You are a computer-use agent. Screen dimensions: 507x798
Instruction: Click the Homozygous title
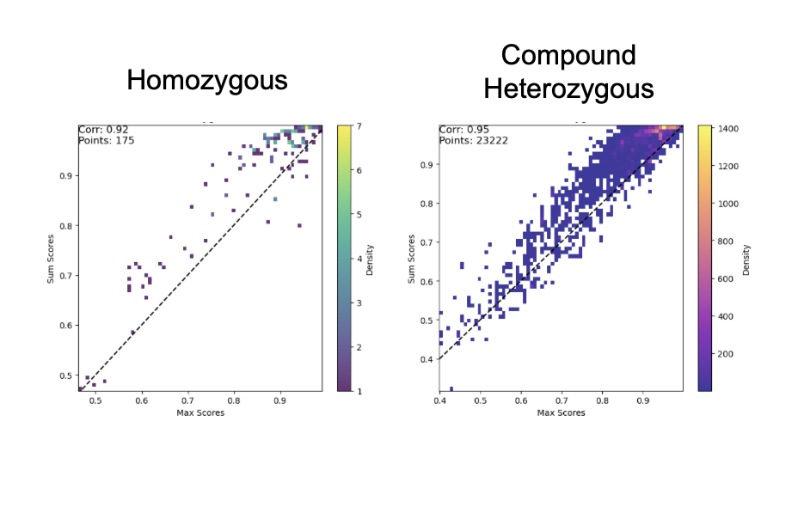tap(206, 81)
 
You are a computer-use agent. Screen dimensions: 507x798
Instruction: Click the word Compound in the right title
tap(568, 56)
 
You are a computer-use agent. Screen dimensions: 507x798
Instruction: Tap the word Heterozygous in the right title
tap(568, 89)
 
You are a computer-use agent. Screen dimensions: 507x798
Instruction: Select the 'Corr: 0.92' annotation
tap(103, 130)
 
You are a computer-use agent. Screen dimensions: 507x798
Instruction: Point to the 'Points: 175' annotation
tap(107, 140)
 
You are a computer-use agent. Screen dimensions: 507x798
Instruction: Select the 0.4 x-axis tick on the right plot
tap(439, 401)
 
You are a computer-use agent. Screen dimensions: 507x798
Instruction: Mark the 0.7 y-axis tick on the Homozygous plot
tap(66, 276)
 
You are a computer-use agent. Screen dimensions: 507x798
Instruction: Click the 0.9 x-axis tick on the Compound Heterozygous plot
tap(642, 401)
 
